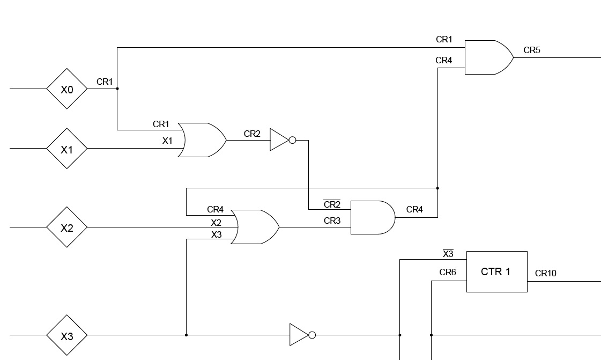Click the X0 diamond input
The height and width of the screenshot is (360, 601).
66,89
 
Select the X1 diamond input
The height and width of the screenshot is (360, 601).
66,149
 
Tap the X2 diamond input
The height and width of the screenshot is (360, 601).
66,227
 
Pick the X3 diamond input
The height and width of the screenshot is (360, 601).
66,336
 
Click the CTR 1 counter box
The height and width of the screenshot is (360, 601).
496,271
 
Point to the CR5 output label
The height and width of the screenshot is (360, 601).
532,50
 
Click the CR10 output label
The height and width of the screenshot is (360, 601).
545,274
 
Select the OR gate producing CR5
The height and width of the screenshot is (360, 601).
488,57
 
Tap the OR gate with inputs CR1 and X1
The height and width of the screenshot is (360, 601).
202,140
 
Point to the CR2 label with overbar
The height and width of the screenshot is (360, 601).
332,204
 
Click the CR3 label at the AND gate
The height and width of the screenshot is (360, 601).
332,221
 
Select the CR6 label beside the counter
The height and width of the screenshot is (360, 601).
448,273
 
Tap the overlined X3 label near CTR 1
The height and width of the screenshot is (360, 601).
448,254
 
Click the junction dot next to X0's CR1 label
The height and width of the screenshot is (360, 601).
117,89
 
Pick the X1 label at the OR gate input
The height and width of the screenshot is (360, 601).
167,141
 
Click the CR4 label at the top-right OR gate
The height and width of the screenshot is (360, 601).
443,61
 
